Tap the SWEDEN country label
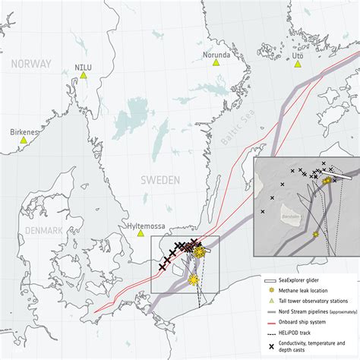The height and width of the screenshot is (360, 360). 159,180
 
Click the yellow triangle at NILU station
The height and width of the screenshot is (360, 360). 84,75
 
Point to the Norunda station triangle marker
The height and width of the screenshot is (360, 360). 216,64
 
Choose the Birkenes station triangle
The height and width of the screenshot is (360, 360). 24,140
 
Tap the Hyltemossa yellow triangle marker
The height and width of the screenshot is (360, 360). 141,233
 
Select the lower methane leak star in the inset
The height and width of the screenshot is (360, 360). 316,235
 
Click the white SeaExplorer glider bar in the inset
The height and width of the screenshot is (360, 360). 336,174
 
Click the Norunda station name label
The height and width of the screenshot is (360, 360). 216,54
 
